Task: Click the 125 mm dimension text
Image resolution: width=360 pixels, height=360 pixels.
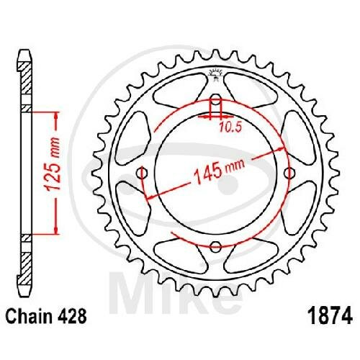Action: [x=53, y=164]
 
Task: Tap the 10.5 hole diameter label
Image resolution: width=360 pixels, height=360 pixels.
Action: [x=230, y=127]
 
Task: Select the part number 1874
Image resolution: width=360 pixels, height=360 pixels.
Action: [x=331, y=315]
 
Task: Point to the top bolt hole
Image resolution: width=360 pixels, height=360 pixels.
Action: [x=216, y=99]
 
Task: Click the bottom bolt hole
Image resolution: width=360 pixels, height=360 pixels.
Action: [x=216, y=246]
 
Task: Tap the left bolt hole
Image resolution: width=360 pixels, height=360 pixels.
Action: [x=142, y=173]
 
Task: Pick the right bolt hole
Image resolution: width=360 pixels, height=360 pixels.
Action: [x=289, y=173]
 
